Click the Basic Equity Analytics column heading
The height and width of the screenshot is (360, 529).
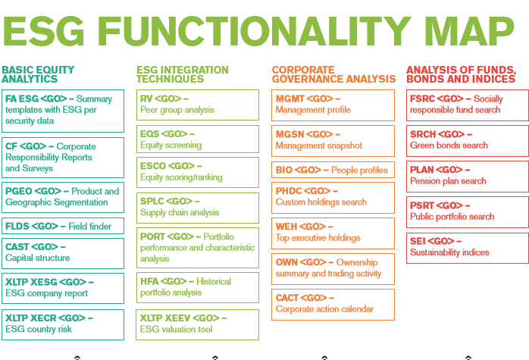pyautogui.click(x=39, y=74)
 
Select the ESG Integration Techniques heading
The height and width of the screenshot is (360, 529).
pyautogui.click(x=183, y=74)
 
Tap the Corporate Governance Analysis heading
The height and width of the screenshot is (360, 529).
pyautogui.click(x=333, y=74)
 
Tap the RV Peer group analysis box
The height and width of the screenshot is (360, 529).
pyautogui.click(x=198, y=105)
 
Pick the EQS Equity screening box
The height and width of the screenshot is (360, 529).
pyautogui.click(x=198, y=139)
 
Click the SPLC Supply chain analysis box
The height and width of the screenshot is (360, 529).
pyautogui.click(x=198, y=207)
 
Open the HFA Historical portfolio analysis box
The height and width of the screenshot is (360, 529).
pyautogui.click(x=198, y=287)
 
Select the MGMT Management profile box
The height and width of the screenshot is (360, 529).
pyautogui.click(x=333, y=105)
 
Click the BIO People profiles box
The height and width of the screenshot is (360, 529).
pyautogui.click(x=333, y=170)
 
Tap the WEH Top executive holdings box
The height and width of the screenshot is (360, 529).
pyautogui.click(x=333, y=233)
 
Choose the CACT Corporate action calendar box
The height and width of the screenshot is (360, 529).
pyautogui.click(x=333, y=304)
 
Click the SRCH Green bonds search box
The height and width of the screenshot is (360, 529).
pyautogui.click(x=468, y=140)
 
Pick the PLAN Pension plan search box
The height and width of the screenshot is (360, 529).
pyautogui.click(x=468, y=176)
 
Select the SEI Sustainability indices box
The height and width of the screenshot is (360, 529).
pyautogui.click(x=468, y=248)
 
